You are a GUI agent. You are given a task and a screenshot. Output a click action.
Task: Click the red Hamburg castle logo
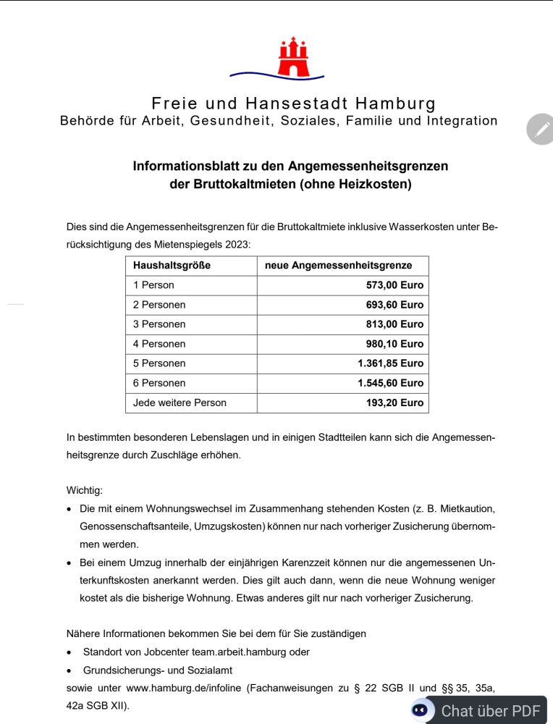pos(293,57)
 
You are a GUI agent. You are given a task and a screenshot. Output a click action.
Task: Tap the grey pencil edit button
pos(540,130)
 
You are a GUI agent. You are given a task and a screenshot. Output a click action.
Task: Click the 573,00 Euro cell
pos(394,285)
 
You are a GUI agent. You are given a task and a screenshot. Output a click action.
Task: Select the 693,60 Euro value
pos(394,305)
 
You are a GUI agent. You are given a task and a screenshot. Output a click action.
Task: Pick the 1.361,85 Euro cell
pos(390,363)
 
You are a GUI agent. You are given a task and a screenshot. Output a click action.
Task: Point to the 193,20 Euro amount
pos(394,403)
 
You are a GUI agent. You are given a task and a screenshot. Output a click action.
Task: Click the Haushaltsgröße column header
pos(172,266)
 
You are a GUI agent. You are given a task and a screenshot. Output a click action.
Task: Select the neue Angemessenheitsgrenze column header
pos(338,266)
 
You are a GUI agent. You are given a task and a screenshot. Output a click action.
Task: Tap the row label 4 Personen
pos(159,344)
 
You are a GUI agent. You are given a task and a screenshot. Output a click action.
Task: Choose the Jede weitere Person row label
pos(180,403)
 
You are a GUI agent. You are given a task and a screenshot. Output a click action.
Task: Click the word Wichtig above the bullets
pos(85,490)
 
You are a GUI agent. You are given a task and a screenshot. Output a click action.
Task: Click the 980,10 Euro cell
pos(394,344)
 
